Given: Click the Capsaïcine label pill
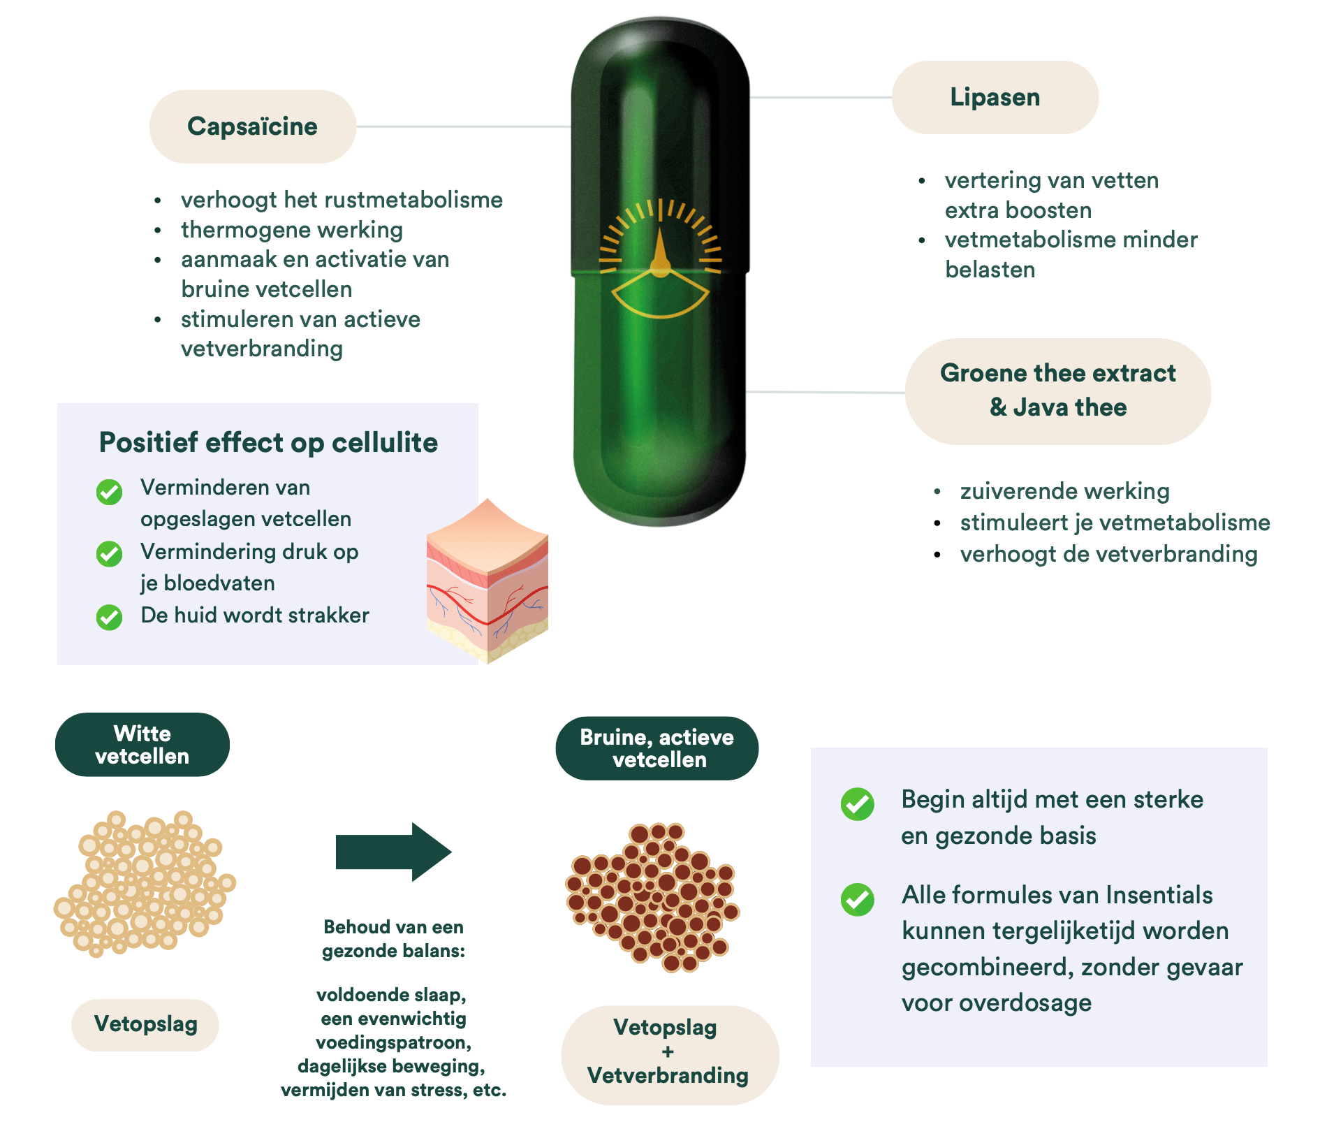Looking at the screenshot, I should pos(252,126).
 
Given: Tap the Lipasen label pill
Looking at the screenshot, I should pos(995,97).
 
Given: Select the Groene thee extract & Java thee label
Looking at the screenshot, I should pos(1057,391).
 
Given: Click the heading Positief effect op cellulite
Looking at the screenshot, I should pos(268,442).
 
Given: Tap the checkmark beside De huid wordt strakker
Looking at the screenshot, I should pos(109,617).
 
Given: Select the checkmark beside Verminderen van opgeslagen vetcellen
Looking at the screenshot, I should pos(109,492).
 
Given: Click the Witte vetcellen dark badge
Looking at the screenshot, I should pos(142,745).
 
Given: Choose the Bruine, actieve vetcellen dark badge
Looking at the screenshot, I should pos(657,748).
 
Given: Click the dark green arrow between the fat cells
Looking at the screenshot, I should pos(393,852).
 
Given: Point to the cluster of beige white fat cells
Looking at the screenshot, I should pos(145,883).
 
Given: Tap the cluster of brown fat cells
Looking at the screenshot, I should pos(653,897).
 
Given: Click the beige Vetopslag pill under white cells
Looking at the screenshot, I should pos(145,1024).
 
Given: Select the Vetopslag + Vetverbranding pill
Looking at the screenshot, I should pos(669,1052).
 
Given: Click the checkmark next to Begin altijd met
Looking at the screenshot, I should pos(857,804).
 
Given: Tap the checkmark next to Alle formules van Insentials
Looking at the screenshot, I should pos(857,899).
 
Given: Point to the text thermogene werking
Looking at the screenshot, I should pos(292,230).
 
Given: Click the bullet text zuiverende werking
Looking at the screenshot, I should pos(1064,491).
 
